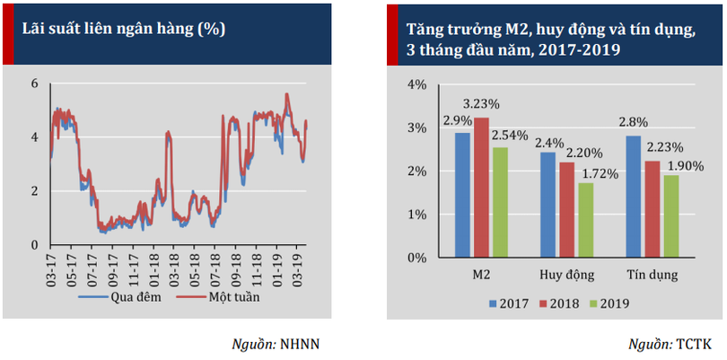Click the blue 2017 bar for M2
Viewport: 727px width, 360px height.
pos(462,195)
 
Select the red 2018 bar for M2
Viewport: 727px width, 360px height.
pos(482,188)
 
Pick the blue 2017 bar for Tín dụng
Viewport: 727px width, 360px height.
pos(633,197)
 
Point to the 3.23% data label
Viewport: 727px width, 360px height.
pos(482,103)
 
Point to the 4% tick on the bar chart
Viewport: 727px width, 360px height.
pos(416,85)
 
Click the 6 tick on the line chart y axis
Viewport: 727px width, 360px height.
pos(35,83)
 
